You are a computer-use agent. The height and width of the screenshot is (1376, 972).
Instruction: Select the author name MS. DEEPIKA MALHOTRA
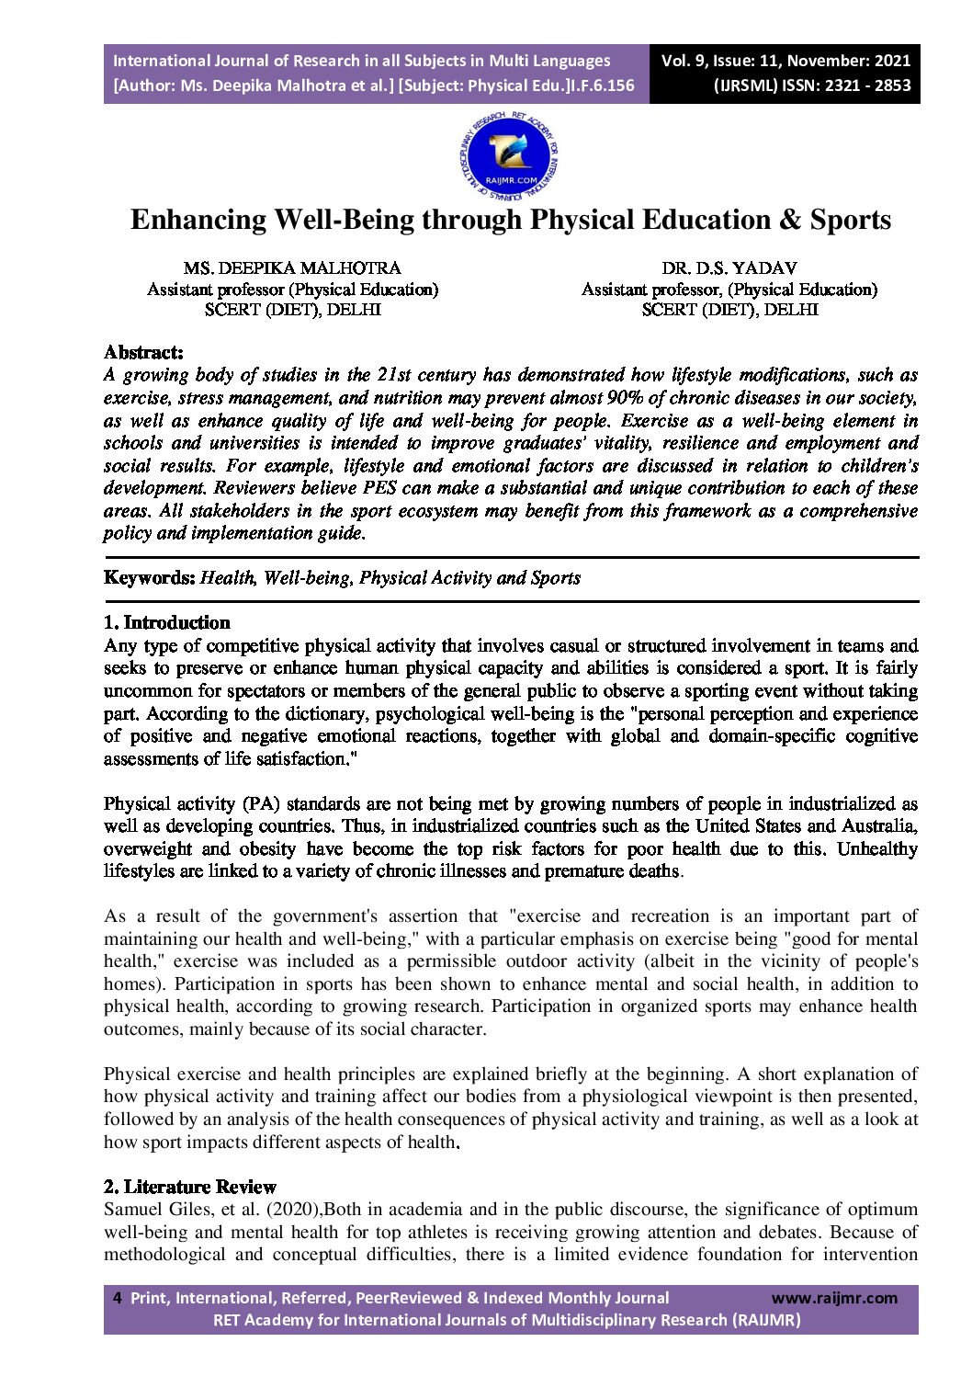[292, 267]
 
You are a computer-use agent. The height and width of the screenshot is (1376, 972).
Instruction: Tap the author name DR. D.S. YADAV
[729, 267]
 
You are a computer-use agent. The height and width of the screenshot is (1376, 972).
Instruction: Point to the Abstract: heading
[143, 352]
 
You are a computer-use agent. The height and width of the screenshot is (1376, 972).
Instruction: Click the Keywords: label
[149, 577]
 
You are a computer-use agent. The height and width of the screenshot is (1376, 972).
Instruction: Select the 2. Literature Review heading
[190, 1187]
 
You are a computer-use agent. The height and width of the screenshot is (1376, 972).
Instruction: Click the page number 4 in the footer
[117, 1298]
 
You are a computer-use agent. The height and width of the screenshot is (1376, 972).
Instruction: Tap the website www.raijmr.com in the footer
[834, 1298]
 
